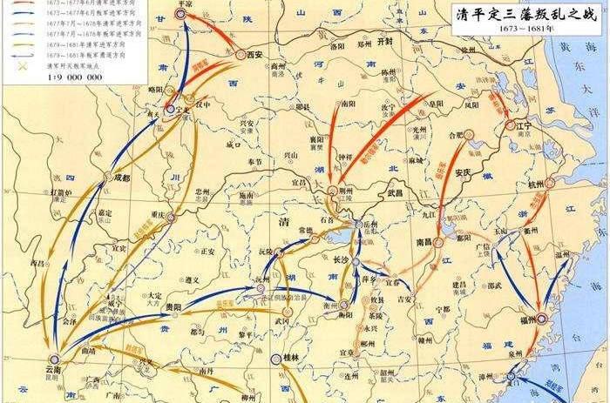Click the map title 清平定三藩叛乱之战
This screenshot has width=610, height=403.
click(x=525, y=15)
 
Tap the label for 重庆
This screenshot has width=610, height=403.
click(x=158, y=214)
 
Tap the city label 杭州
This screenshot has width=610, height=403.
click(x=536, y=185)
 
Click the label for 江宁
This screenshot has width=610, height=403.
click(x=523, y=125)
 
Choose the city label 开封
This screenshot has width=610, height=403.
click(x=386, y=42)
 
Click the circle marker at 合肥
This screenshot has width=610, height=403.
click(x=468, y=134)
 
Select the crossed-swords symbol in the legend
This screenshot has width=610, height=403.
click(x=11, y=65)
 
